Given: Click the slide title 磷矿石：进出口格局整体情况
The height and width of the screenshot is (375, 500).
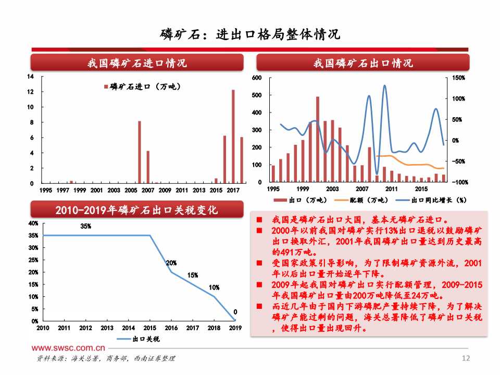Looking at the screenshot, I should click(x=250, y=34).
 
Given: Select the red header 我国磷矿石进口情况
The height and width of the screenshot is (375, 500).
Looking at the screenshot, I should click(x=137, y=63).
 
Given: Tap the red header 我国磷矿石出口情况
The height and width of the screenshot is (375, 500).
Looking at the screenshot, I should click(x=363, y=63).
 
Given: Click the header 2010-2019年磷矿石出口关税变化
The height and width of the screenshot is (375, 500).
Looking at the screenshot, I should click(x=137, y=210).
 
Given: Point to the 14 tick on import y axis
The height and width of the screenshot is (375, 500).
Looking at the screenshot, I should click(x=31, y=77).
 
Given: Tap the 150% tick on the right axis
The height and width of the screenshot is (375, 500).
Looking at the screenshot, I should click(x=459, y=78).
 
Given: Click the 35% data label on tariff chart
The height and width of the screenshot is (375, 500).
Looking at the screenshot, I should click(x=86, y=226).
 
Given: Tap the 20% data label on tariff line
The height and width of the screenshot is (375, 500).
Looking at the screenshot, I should click(x=171, y=263).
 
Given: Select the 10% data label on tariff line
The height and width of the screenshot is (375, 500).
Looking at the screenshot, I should click(x=214, y=287).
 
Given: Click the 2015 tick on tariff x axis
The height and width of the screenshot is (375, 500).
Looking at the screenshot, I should click(x=150, y=328).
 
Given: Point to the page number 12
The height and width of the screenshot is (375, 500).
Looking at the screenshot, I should click(x=466, y=358).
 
